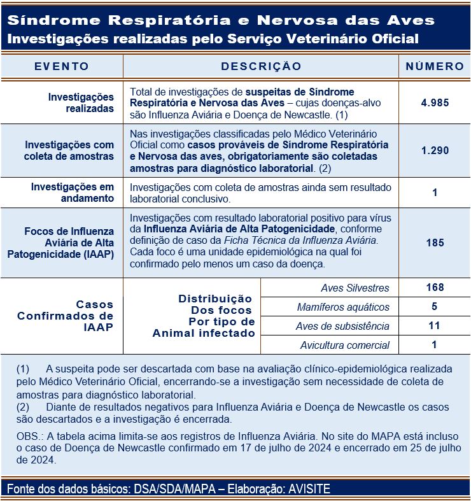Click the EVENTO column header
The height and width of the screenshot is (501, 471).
tap(62, 66)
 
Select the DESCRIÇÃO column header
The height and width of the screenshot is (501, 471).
tap(261, 66)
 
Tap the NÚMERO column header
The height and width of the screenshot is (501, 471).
tap(435, 66)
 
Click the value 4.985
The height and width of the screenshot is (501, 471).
tap(435, 102)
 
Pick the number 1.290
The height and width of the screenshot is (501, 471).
tap(435, 151)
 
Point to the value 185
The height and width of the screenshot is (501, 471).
tap(435, 243)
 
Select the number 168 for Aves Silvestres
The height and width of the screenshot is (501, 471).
tap(435, 288)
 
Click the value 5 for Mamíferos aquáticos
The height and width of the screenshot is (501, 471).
tap(435, 307)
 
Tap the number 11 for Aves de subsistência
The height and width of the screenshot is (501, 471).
tap(435, 326)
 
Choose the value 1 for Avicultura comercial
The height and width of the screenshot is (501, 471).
tap(435, 345)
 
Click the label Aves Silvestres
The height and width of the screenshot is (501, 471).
tap(355, 288)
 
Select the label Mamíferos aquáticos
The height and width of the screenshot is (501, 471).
tap(343, 307)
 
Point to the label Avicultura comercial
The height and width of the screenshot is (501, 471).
tap(344, 346)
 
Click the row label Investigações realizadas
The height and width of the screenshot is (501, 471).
tap(81, 102)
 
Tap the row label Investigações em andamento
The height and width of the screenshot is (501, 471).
tap(73, 192)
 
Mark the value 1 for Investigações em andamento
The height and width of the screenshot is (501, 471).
tap(435, 192)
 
